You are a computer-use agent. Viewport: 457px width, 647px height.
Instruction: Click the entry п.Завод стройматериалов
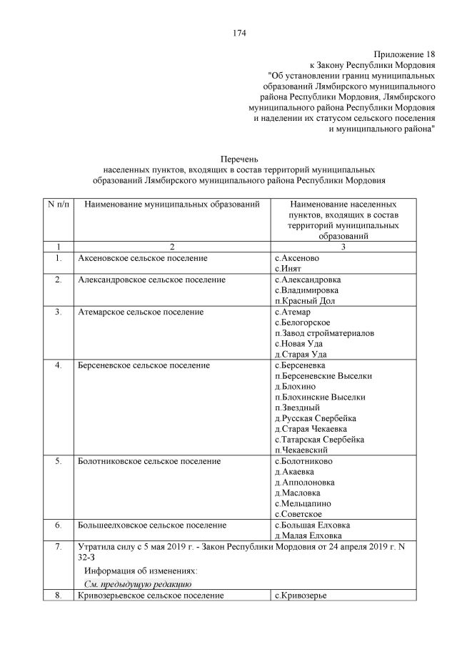324,333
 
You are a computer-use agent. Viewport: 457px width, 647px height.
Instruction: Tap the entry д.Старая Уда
302,355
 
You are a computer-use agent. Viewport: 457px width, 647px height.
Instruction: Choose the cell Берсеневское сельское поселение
144,365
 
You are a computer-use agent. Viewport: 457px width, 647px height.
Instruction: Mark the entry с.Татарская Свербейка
319,440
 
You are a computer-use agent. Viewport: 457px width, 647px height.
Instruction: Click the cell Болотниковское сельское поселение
149,461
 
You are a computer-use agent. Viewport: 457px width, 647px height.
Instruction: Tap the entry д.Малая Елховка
308,535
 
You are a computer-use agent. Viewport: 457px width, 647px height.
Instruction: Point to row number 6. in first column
59,525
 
